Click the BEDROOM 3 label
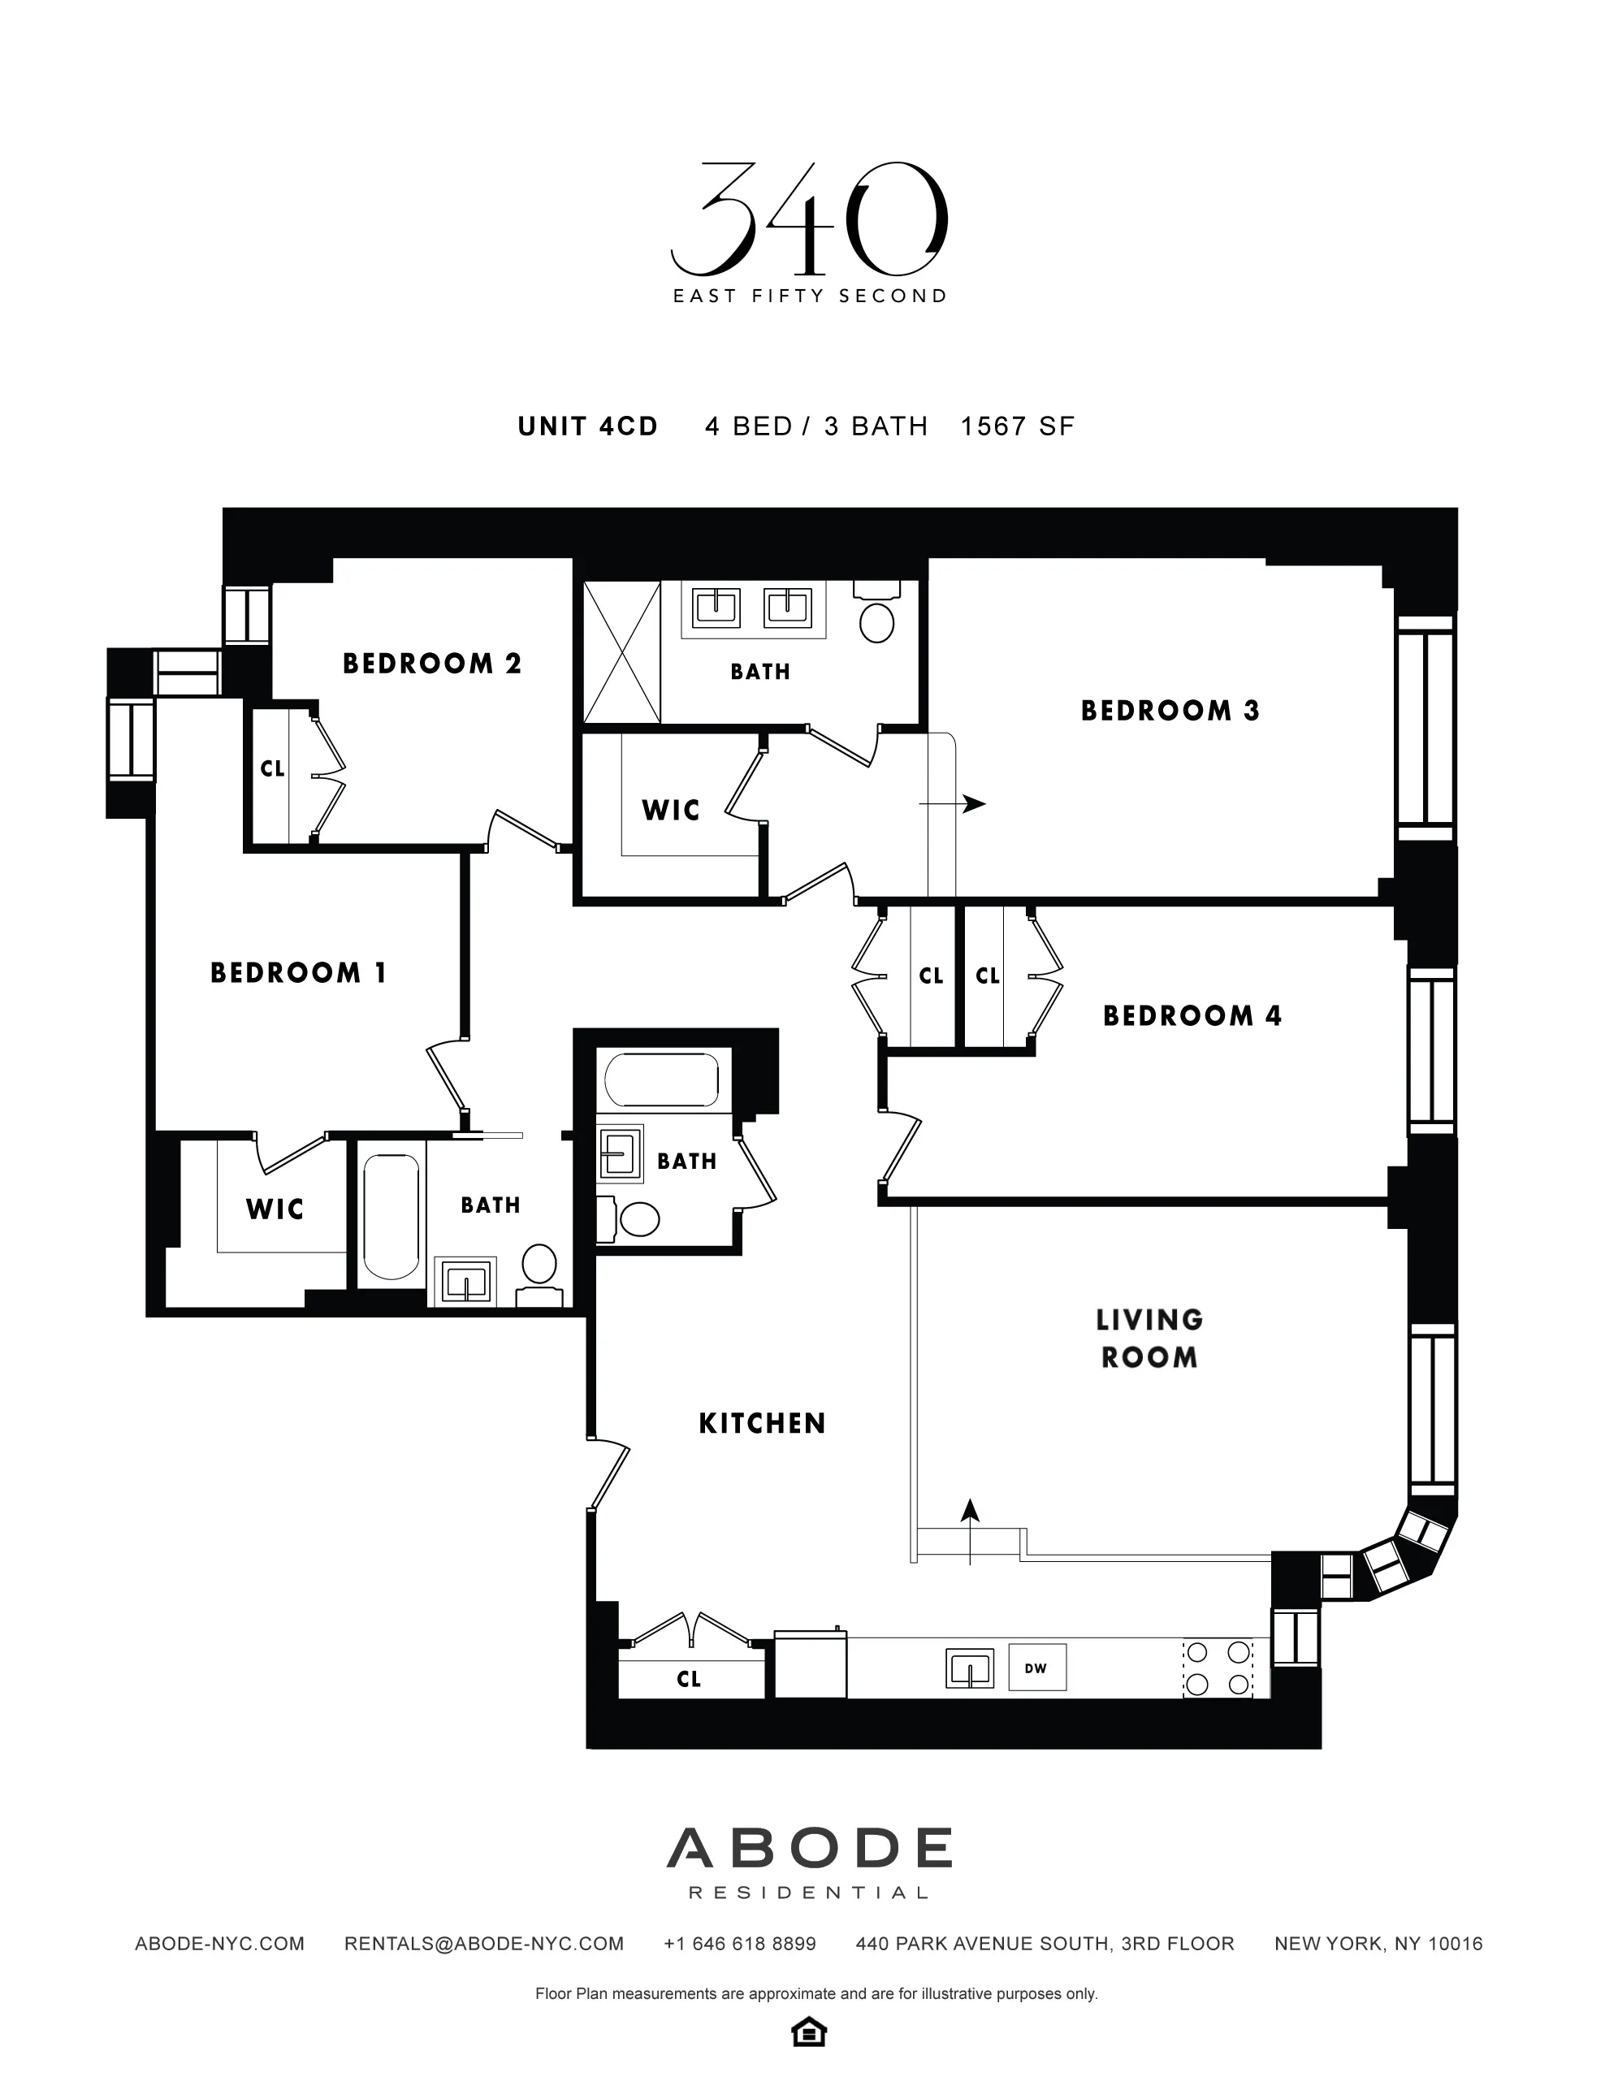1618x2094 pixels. pyautogui.click(x=1170, y=711)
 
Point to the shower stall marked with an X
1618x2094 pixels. pyautogui.click(x=622, y=652)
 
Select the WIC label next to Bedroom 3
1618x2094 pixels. pyautogui.click(x=671, y=810)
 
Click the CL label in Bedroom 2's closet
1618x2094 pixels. pyautogui.click(x=272, y=769)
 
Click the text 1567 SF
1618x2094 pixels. pyautogui.click(x=1017, y=426)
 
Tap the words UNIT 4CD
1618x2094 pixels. pyautogui.click(x=587, y=426)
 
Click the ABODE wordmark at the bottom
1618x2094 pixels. pyautogui.click(x=810, y=1848)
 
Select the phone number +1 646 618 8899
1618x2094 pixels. pyautogui.click(x=739, y=1944)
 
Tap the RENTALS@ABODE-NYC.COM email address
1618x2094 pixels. pyautogui.click(x=484, y=1944)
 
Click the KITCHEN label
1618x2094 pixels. pyautogui.click(x=762, y=1424)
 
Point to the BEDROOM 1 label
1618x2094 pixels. pyautogui.click(x=298, y=973)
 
